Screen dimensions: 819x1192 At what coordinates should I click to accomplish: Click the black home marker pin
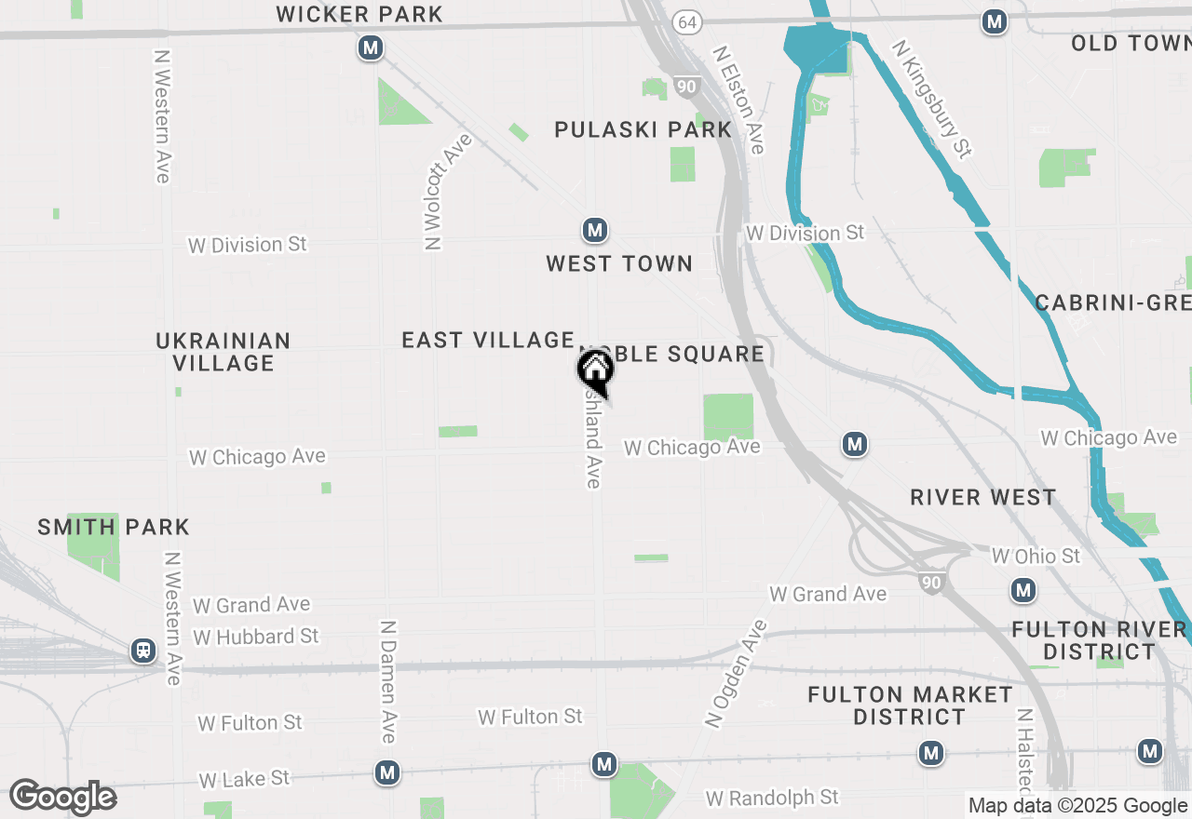[x=595, y=370]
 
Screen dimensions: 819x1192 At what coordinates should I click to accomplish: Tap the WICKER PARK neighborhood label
[x=359, y=14]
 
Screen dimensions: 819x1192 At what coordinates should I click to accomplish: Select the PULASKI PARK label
[x=643, y=129]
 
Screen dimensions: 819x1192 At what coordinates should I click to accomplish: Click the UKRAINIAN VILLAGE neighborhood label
[x=223, y=352]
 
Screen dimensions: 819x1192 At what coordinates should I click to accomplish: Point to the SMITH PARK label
[x=114, y=528]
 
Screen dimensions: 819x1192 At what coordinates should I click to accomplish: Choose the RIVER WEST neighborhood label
[x=983, y=497]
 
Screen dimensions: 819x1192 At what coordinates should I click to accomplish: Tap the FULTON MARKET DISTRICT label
[x=910, y=705]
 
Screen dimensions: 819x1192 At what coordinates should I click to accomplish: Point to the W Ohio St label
[x=1036, y=556]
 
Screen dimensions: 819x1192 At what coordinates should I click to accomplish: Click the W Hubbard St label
[x=256, y=637]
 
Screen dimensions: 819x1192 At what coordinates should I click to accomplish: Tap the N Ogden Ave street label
[x=735, y=673]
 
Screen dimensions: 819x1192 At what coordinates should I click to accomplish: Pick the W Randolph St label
[x=772, y=798]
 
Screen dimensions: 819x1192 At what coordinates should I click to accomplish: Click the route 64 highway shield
[x=687, y=22]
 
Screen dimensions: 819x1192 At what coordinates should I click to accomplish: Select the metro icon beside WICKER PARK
[x=372, y=47]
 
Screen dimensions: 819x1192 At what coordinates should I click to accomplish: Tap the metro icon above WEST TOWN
[x=595, y=230]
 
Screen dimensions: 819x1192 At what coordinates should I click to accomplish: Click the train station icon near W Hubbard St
[x=143, y=650]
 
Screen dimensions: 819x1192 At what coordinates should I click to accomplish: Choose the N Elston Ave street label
[x=739, y=101]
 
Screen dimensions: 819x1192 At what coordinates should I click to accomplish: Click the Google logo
[x=62, y=798]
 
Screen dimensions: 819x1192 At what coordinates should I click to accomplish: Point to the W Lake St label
[x=244, y=779]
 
